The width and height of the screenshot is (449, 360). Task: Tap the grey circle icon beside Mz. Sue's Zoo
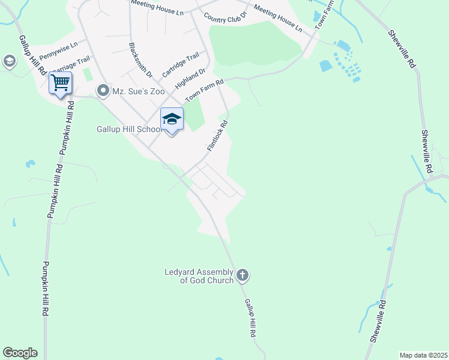pos(103,91)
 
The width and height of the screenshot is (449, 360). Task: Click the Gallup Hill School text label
pos(128,129)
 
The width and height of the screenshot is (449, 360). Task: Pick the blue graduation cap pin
pos(172,119)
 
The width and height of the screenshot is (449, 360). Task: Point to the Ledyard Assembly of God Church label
pos(199,276)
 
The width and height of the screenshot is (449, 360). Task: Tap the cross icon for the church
pos(242,275)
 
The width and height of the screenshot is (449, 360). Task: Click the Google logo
pos(20,353)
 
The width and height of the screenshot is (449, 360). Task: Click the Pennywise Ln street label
pos(58,53)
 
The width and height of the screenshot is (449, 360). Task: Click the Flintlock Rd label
pos(217,135)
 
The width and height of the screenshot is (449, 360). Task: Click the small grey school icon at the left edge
pos(9,61)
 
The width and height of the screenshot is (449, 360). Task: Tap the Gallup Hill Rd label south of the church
pos(250,317)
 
